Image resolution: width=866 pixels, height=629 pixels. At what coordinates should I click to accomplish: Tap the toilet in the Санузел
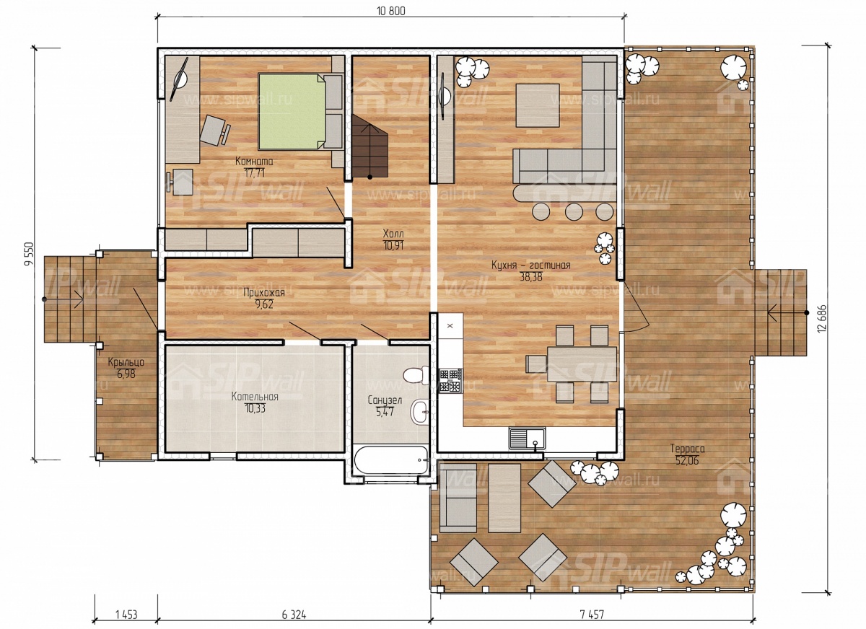[x=415, y=374]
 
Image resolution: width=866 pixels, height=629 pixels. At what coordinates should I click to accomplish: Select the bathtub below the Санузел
[x=391, y=459]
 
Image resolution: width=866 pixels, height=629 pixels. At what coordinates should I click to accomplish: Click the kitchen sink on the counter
[x=527, y=439]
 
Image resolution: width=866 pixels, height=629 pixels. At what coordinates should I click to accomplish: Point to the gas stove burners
[x=450, y=381]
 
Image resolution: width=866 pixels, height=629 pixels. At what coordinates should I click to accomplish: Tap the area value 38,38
[x=531, y=277]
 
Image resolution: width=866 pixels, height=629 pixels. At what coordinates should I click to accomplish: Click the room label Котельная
[x=255, y=397]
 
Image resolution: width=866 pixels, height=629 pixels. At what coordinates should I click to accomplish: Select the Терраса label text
[x=687, y=449]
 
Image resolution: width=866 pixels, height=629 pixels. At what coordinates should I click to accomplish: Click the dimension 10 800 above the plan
[x=391, y=11]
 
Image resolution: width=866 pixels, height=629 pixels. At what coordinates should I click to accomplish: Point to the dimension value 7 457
[x=592, y=615]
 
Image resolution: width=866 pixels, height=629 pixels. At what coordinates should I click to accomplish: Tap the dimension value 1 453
[x=126, y=615]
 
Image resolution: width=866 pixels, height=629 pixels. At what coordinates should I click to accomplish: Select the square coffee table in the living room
[x=538, y=105]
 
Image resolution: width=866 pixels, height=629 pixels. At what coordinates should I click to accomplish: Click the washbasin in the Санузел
[x=419, y=412]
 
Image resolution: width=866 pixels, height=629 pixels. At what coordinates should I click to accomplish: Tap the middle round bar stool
[x=574, y=212]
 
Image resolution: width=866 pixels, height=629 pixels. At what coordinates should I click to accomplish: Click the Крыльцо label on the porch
[x=126, y=362]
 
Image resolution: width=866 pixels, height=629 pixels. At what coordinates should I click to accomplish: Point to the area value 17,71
[x=254, y=172]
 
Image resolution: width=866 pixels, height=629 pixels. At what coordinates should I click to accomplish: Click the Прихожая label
[x=263, y=292]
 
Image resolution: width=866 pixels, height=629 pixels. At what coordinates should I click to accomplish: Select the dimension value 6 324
[x=294, y=615]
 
